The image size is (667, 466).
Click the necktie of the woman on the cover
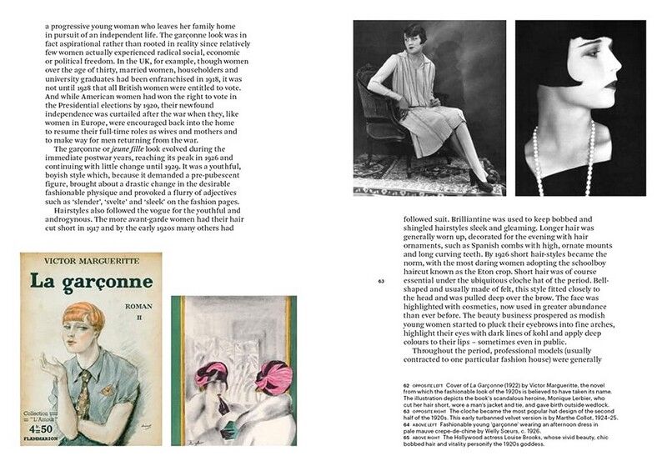pyautogui.click(x=85, y=392)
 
